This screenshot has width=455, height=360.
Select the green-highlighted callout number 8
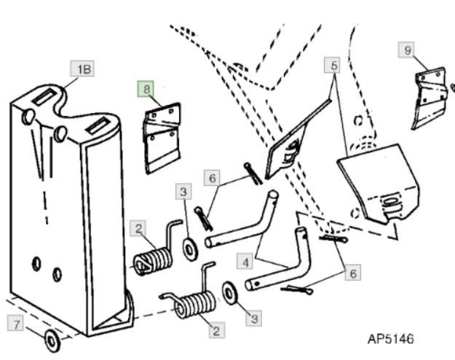tap(148, 89)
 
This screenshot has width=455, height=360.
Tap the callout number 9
tap(407, 51)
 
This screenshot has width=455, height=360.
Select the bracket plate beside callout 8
tap(162, 136)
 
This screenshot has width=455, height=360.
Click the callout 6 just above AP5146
tap(352, 274)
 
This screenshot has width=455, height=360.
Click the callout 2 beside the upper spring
tap(138, 229)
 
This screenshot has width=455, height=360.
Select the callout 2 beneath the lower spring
tap(215, 330)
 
